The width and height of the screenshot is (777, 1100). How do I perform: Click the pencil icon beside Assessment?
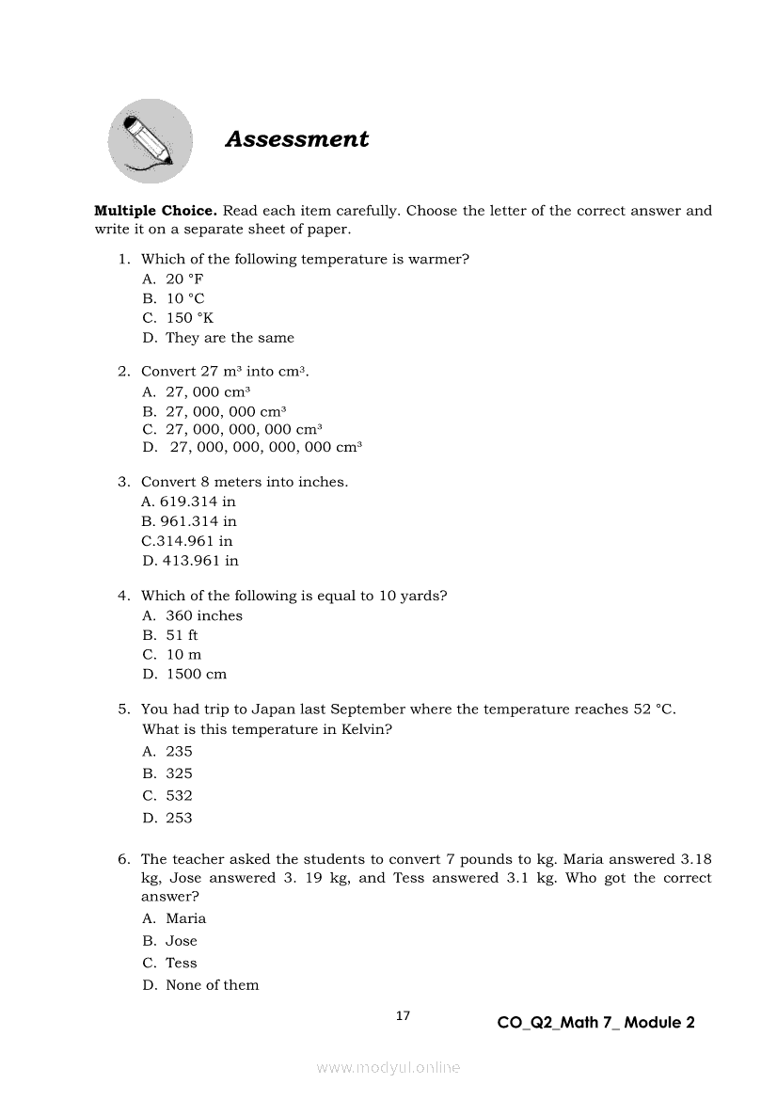click(x=151, y=141)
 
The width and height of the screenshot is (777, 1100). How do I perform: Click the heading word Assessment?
click(x=297, y=139)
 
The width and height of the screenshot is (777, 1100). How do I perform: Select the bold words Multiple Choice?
click(x=156, y=211)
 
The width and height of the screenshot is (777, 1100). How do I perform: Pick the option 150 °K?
click(x=189, y=318)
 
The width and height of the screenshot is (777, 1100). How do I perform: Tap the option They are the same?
click(x=230, y=338)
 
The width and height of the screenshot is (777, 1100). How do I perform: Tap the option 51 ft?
click(x=182, y=635)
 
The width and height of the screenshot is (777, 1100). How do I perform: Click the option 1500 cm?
click(x=196, y=674)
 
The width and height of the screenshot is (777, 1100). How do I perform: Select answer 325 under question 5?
click(x=179, y=773)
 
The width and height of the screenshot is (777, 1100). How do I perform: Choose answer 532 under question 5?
click(x=179, y=795)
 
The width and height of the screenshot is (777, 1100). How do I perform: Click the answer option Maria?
click(x=185, y=918)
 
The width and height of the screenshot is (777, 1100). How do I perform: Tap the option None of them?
click(x=212, y=985)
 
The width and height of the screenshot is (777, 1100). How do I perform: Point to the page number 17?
click(x=403, y=1015)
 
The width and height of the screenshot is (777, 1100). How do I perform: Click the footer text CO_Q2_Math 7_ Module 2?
click(x=595, y=1023)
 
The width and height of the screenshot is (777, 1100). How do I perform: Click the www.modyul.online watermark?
click(x=388, y=1067)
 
